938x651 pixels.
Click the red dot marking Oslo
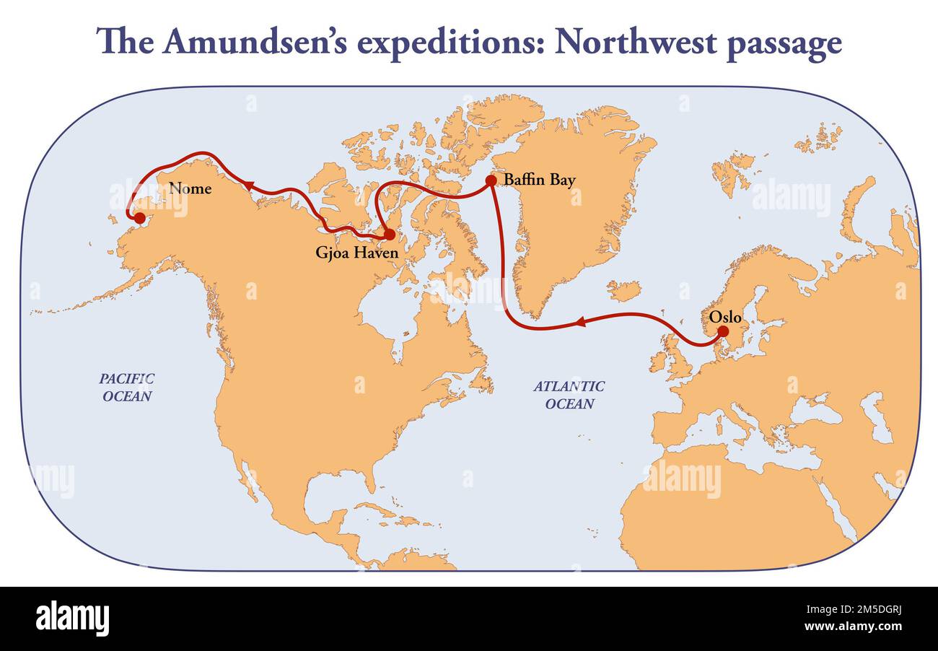pos(723,331)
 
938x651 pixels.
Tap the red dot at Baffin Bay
pos(491,180)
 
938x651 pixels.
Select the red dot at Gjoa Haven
pos(389,235)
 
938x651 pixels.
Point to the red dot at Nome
pos(139,217)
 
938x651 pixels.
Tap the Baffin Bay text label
pos(540,180)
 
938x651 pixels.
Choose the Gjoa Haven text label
pos(356,253)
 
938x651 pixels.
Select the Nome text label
pos(190,188)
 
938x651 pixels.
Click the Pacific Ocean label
pos(127,387)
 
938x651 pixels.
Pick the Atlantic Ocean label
pos(569,395)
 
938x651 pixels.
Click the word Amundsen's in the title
pos(256,42)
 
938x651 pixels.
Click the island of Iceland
pos(623,291)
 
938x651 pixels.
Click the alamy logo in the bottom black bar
pos(72,619)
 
